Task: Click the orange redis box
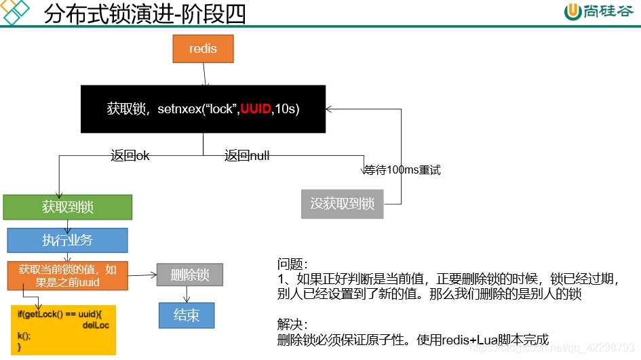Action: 202,49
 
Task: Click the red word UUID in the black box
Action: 256,108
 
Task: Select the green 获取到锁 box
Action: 67,207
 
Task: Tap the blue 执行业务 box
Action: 67,240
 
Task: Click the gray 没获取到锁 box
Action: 342,203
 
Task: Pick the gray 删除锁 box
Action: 190,275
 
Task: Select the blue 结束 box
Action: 187,315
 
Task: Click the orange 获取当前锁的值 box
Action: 67,275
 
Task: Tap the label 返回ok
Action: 130,156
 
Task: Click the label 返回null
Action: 247,156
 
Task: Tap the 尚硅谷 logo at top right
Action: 600,13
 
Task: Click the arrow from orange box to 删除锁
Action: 142,275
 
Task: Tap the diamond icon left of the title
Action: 15,12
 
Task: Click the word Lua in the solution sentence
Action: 479,340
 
